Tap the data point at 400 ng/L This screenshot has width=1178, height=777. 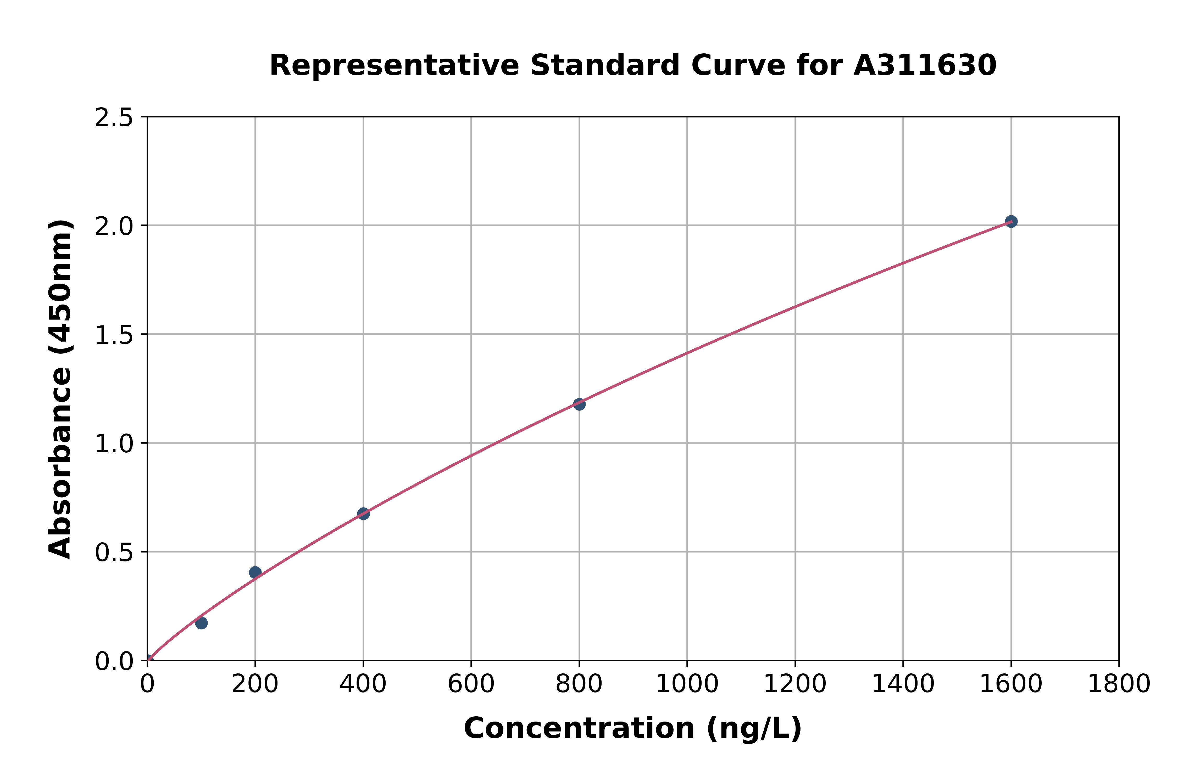363,513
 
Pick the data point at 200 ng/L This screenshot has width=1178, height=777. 255,572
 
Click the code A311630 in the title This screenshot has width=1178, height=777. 925,65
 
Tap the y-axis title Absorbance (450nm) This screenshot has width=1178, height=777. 60,389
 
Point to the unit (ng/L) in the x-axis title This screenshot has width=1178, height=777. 754,728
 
